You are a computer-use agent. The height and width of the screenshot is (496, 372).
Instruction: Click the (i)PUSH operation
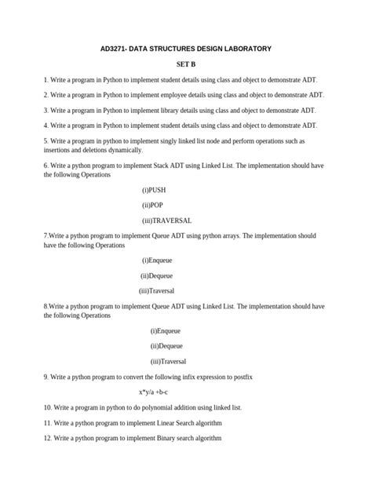point(154,190)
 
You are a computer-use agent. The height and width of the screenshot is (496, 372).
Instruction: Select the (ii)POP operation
point(152,205)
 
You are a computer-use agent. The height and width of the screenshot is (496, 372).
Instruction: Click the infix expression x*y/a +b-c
point(159,392)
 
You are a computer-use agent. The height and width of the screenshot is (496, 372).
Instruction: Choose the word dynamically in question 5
point(122,149)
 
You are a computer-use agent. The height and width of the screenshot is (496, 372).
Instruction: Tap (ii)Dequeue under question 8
point(166,345)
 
